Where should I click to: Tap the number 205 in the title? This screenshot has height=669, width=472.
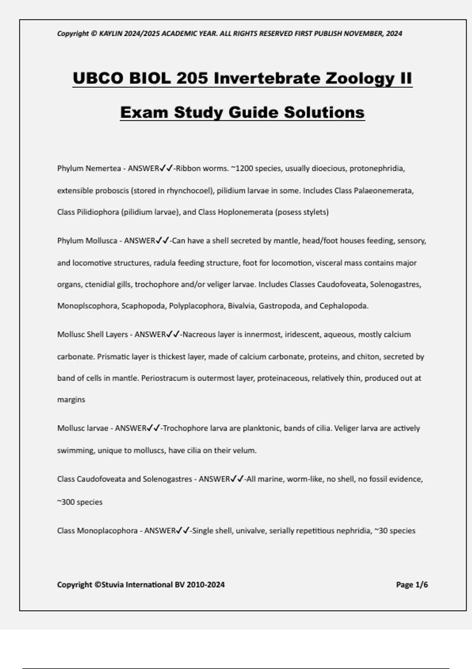[192, 78]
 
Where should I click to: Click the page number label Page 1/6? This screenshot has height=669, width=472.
[412, 585]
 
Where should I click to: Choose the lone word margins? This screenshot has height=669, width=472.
[71, 400]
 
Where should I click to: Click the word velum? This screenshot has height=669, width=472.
[246, 451]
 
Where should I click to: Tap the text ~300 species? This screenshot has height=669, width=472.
[80, 502]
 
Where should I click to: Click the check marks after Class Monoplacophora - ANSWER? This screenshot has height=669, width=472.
[183, 530]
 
